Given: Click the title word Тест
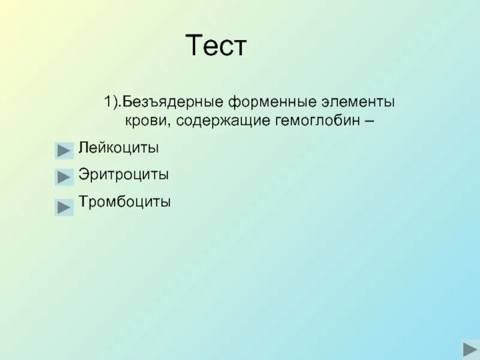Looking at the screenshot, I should (216, 46).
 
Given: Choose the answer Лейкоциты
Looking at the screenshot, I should (118, 148).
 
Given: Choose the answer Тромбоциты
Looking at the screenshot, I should (124, 202).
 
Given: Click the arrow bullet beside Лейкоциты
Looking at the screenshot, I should (64, 150).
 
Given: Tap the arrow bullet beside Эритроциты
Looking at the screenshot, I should (64, 177).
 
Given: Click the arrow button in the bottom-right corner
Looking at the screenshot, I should (469, 348).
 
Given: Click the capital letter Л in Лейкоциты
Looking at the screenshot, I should (82, 148).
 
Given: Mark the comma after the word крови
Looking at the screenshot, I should (158, 122).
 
